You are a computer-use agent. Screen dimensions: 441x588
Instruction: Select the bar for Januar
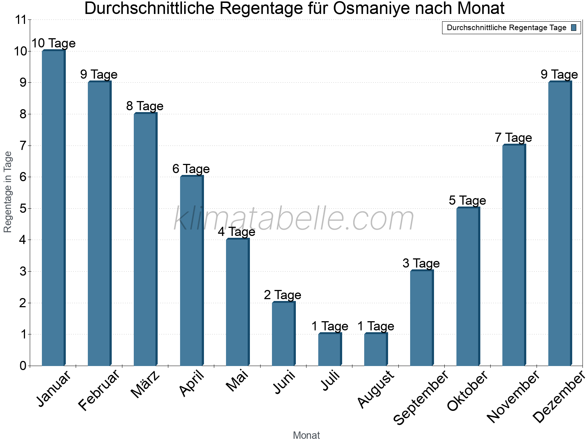53,208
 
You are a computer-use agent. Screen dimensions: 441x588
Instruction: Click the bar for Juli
330,349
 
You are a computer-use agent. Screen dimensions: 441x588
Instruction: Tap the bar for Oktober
468,287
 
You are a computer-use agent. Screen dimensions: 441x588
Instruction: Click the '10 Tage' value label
53,43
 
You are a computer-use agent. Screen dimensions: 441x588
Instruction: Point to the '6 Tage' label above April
191,169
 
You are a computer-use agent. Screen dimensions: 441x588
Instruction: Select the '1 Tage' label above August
376,326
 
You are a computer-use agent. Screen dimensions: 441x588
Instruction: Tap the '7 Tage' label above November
513,138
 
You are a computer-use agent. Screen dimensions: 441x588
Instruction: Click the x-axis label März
146,384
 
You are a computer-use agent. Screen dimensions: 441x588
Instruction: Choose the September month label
421,397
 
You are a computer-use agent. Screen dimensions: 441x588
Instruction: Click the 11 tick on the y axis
22,20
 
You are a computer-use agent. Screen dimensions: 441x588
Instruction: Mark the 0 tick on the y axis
23,366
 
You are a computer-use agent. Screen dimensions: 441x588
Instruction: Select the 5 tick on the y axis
23,209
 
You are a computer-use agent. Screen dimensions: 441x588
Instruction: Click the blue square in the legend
574,28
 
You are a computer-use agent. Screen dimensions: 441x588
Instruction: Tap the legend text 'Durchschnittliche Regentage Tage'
506,28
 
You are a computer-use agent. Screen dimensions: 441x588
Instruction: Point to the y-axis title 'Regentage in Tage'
8,192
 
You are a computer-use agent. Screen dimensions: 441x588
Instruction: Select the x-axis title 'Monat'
306,435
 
